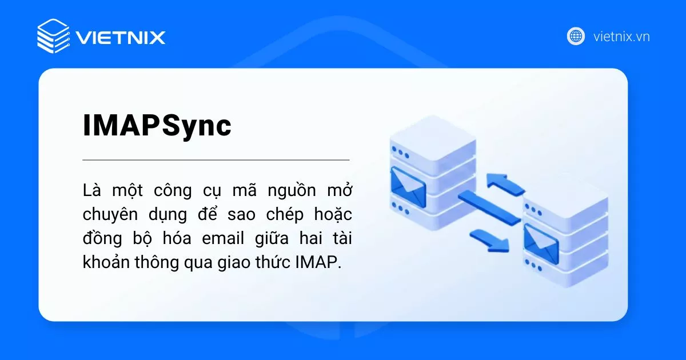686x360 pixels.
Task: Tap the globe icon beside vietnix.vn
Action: [x=576, y=36]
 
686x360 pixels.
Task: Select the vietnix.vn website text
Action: [x=621, y=37]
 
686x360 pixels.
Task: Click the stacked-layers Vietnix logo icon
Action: [x=53, y=36]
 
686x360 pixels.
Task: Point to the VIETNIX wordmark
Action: [x=121, y=38]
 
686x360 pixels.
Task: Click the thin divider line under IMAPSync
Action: [x=216, y=160]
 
